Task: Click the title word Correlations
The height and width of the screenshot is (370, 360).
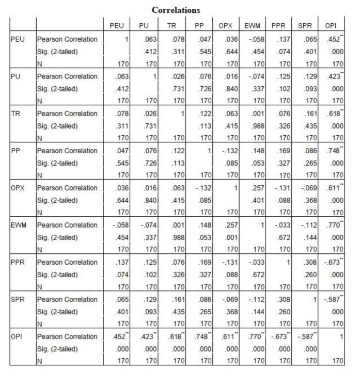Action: click(x=176, y=10)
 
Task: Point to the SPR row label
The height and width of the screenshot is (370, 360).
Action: click(x=18, y=299)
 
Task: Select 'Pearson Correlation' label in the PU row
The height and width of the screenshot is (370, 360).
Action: click(x=68, y=76)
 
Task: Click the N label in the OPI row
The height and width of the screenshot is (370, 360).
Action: click(x=40, y=361)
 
